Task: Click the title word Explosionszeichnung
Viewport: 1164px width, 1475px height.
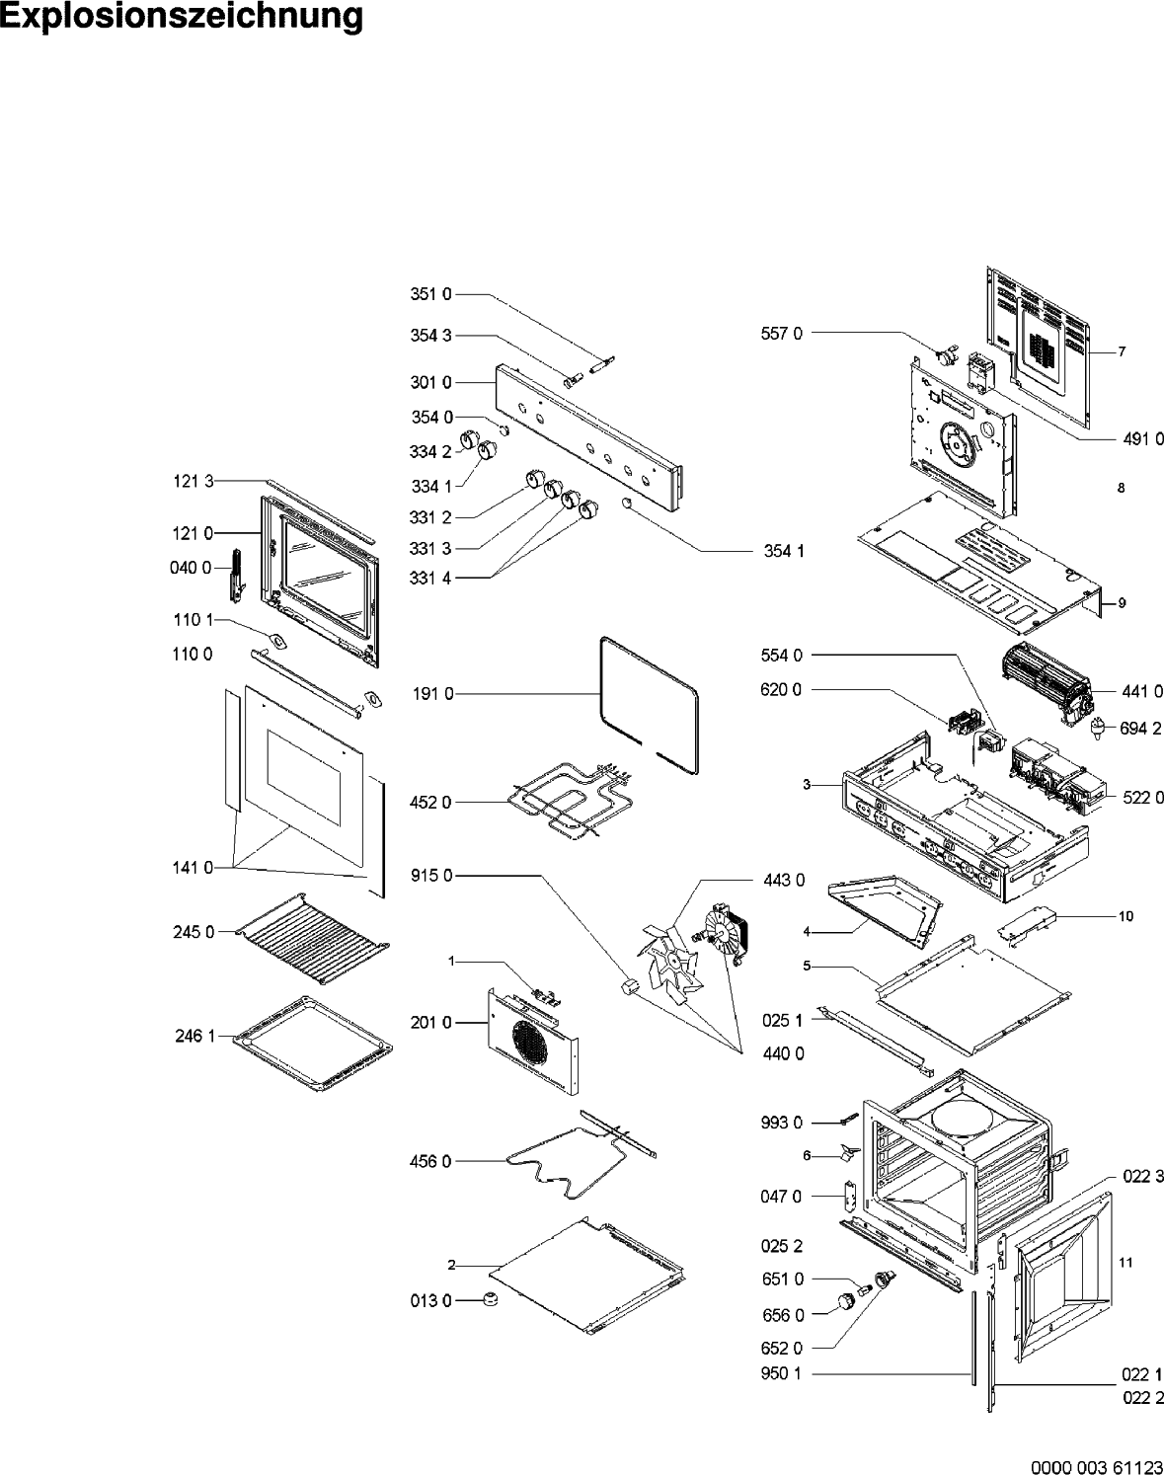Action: (x=182, y=18)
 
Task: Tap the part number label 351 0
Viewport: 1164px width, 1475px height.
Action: (x=430, y=294)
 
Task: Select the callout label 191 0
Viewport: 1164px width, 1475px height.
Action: (x=432, y=694)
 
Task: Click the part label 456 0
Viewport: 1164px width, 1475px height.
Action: (x=430, y=1162)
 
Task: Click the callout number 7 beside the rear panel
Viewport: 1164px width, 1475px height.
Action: (x=1122, y=351)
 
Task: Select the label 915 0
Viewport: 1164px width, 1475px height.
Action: (x=430, y=876)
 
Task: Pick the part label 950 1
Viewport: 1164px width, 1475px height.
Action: (x=783, y=1373)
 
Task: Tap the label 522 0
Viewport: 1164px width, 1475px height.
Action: (x=1142, y=798)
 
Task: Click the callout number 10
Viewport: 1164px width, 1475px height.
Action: (x=1125, y=916)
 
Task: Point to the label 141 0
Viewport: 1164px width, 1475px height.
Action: (x=193, y=868)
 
